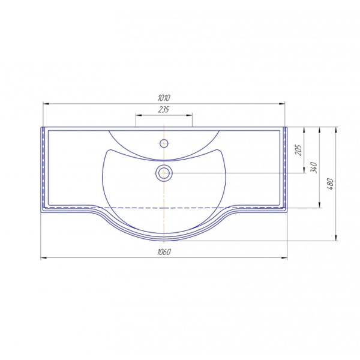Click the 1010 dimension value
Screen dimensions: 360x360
click(x=164, y=98)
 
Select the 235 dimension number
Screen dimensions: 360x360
click(x=164, y=110)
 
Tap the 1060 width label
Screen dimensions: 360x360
click(x=164, y=252)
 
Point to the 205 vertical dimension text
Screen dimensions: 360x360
click(x=298, y=150)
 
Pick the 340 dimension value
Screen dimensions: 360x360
click(x=314, y=167)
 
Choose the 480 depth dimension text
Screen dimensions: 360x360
click(x=330, y=184)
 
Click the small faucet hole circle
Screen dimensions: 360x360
click(x=164, y=143)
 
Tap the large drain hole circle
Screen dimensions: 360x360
click(x=164, y=173)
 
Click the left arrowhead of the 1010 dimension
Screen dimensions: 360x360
click(x=46, y=104)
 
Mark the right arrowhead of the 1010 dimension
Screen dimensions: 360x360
click(x=282, y=104)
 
